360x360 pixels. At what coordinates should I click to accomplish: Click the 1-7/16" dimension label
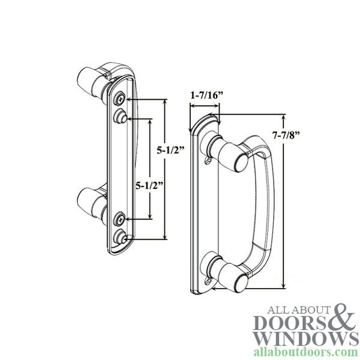coord(205,95)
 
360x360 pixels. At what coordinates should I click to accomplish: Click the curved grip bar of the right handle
coord(268,210)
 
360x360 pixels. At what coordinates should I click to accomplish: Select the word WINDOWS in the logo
coord(304,338)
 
